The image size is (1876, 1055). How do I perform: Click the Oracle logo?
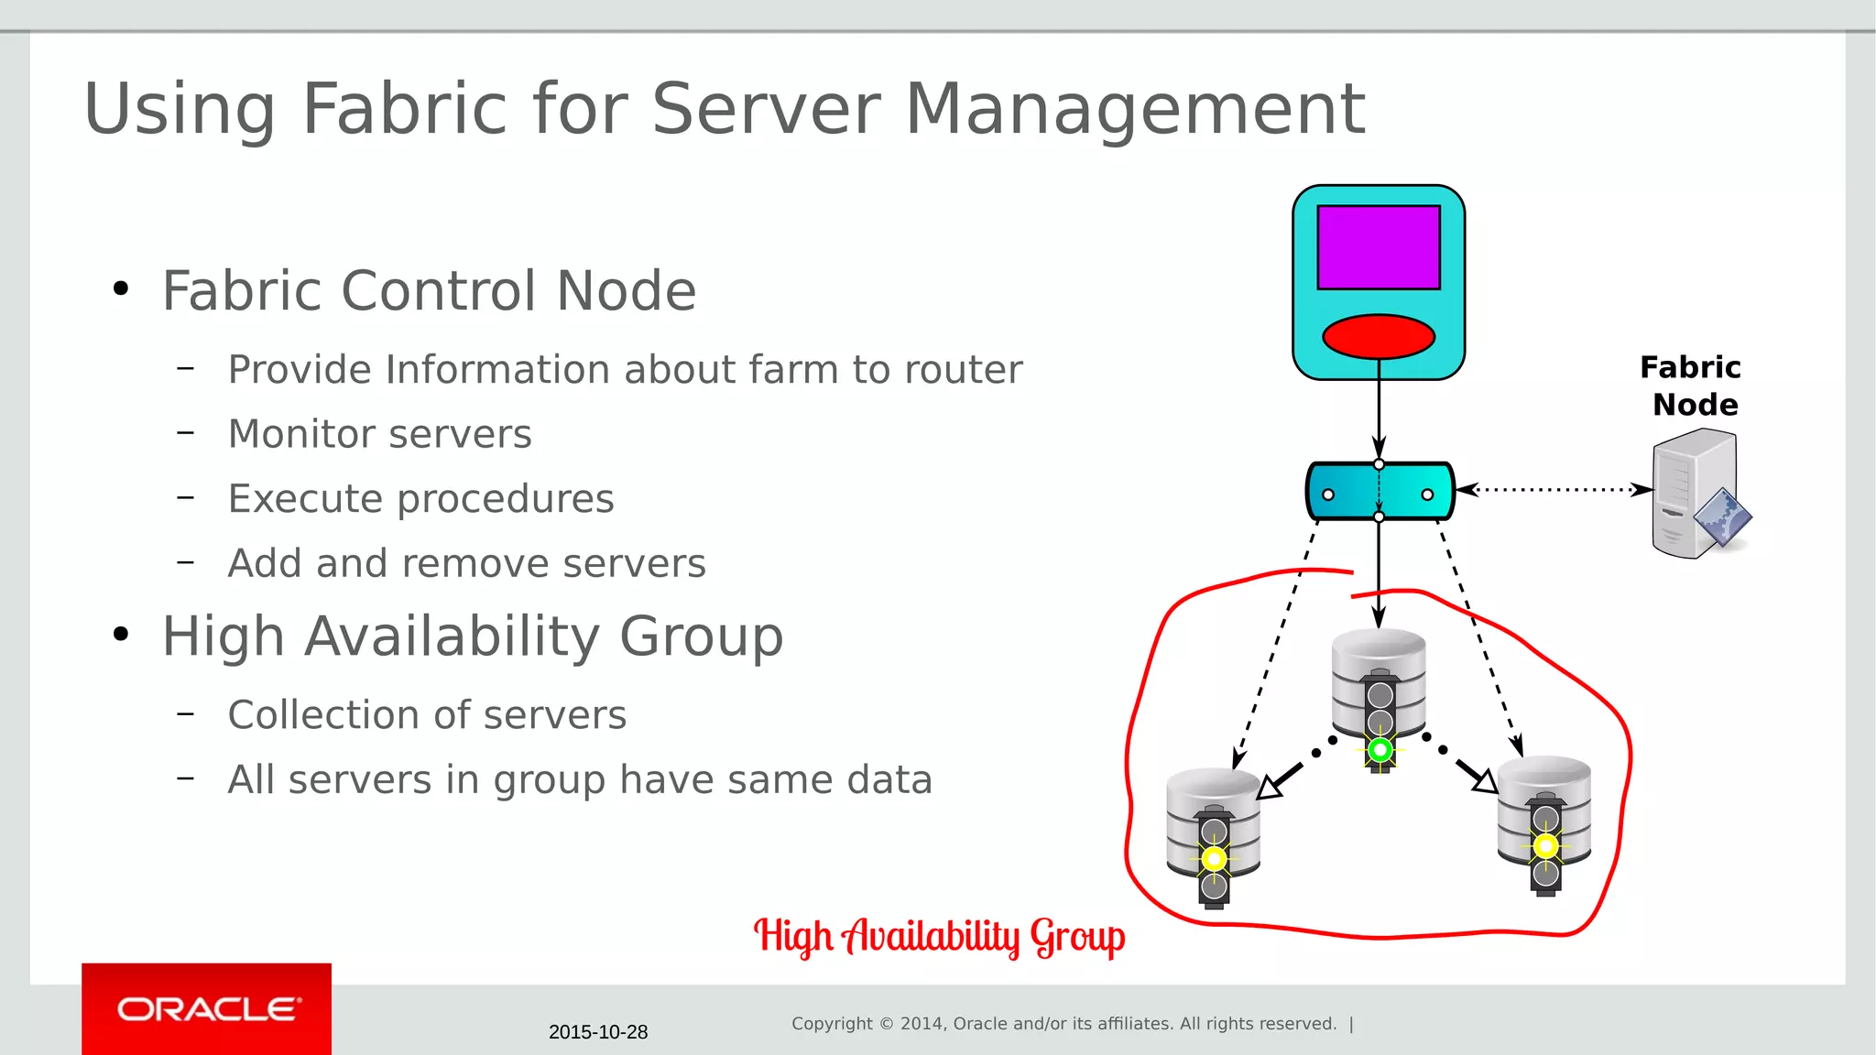[x=207, y=1009]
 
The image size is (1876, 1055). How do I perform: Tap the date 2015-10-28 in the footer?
[x=598, y=1032]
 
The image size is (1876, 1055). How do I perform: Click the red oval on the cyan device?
[x=1379, y=336]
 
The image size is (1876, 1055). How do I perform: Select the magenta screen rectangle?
[x=1379, y=247]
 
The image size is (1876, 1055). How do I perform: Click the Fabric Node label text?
[x=1692, y=386]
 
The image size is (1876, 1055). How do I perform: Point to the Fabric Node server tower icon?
[x=1695, y=495]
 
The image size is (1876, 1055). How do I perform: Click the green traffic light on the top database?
[x=1380, y=750]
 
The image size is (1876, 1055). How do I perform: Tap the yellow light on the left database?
[x=1214, y=859]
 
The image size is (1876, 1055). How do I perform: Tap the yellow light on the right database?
[x=1545, y=845]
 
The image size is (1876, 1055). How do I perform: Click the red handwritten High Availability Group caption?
[x=939, y=936]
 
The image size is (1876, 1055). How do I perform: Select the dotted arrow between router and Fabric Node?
[x=1554, y=490]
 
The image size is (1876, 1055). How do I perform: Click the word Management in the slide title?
[x=1135, y=109]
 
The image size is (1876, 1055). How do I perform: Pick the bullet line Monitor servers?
[x=379, y=434]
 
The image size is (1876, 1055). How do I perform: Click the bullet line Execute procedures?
[x=420, y=499]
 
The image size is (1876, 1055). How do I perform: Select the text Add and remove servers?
[x=466, y=563]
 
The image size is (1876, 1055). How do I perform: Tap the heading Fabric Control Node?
[x=429, y=291]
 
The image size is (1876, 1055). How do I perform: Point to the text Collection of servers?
[x=427, y=715]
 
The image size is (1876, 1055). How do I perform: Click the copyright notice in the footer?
[x=1063, y=1024]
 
